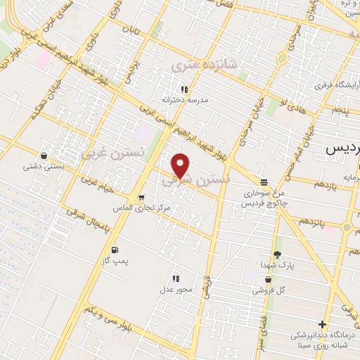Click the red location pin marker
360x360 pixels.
(x=181, y=165)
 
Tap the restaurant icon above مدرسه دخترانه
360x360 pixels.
(x=184, y=89)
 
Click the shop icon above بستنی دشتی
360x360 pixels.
(x=44, y=156)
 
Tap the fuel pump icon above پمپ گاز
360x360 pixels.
(x=113, y=250)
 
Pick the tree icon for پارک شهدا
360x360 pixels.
(x=277, y=254)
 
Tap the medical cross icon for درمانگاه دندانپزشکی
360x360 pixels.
(x=322, y=325)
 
